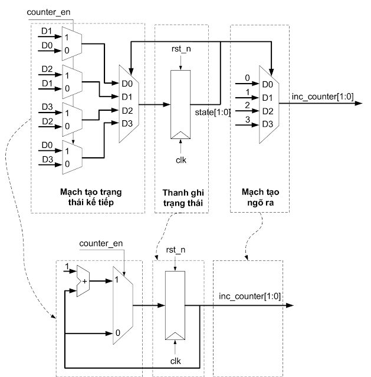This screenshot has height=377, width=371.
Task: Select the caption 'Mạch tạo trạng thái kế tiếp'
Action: [87, 197]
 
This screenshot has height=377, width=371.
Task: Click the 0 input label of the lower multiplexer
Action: [118, 333]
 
